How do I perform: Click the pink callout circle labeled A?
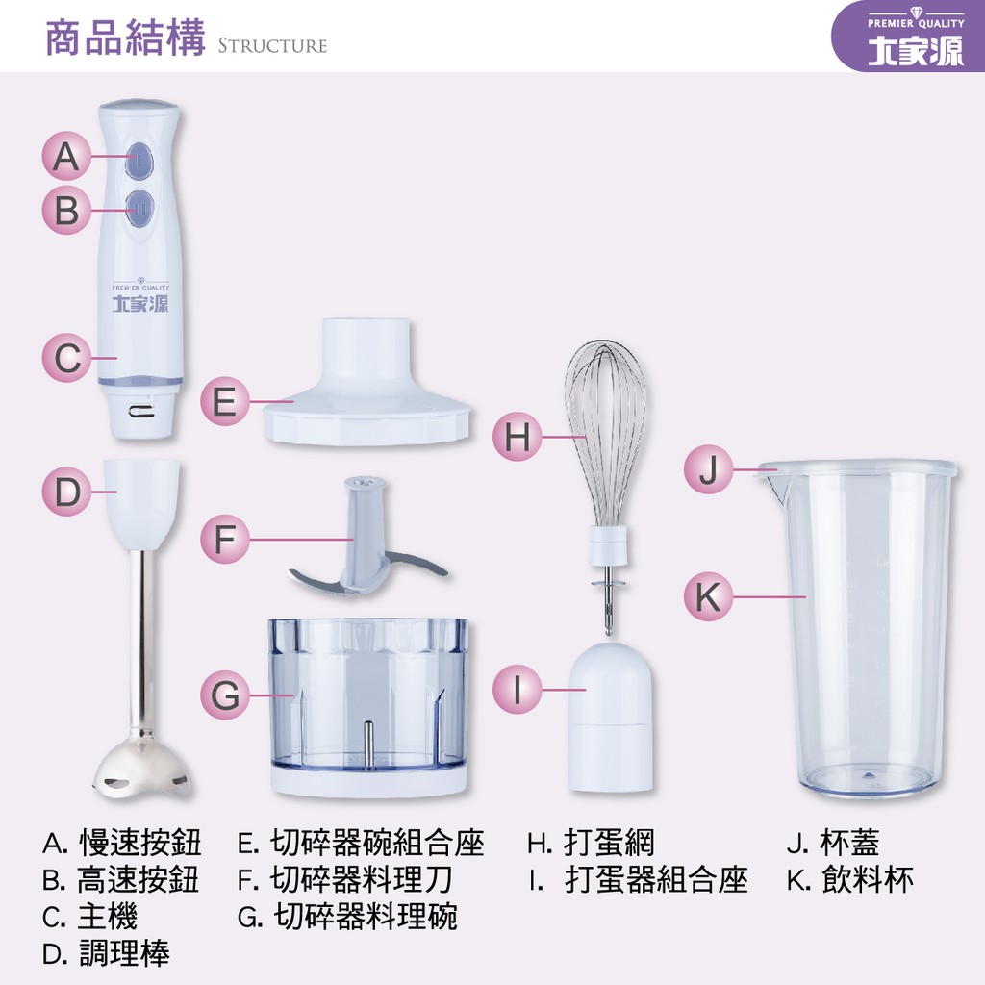coord(66,157)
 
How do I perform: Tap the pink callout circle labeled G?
coord(225,695)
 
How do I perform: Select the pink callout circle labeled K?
coord(709,596)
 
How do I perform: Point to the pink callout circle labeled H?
coord(517,437)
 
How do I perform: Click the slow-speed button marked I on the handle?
coord(139,160)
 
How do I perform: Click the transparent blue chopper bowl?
coord(368,707)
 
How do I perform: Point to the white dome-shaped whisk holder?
coord(610,717)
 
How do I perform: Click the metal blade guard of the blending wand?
coord(142,768)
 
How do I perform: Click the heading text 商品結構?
coord(126,38)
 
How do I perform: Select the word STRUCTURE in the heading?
coord(272,46)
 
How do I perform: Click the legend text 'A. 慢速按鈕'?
coord(122,843)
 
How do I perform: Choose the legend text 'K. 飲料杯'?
coord(850,879)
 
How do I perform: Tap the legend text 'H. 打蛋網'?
coord(591,843)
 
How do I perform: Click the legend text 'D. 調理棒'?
coord(106,953)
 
